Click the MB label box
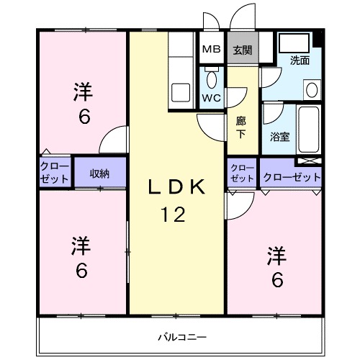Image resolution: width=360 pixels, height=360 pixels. point(211,50)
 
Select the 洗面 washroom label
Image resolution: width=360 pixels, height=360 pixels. point(300,60)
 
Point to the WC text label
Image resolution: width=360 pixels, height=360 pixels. point(211,97)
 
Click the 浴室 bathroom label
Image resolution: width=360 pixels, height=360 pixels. point(279,135)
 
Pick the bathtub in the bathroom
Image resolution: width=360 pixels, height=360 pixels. point(311,127)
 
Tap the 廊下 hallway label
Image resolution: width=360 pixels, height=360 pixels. point(241,127)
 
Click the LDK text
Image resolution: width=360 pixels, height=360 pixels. point(177,188)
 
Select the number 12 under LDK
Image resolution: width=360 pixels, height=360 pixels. point(177,214)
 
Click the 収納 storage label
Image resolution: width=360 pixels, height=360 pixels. point(99,173)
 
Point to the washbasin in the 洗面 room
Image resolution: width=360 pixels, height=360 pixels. point(311,89)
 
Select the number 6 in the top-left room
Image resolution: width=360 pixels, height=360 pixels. point(84,117)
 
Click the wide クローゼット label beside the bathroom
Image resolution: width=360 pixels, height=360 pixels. point(291,176)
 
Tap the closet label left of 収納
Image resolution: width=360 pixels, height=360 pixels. point(55,173)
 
